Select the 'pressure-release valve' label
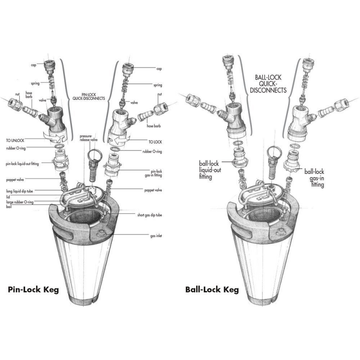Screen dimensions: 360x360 (x=89, y=137)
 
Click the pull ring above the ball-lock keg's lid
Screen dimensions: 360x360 (x=274, y=152)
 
